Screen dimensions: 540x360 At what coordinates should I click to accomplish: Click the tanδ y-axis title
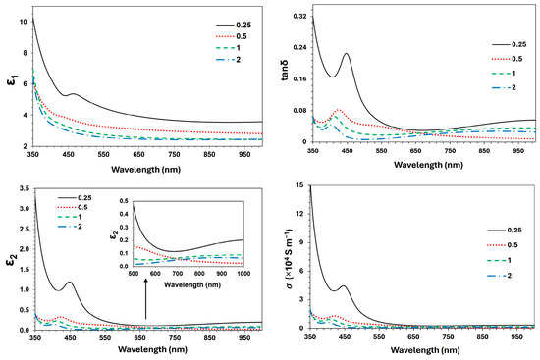285,70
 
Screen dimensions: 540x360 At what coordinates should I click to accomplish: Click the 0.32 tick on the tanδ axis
299,16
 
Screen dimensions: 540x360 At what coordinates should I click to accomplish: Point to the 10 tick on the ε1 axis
24,22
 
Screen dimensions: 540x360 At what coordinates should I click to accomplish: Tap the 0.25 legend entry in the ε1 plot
234,25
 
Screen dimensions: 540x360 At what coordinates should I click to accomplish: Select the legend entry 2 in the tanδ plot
504,87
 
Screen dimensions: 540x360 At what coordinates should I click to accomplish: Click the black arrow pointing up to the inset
145,299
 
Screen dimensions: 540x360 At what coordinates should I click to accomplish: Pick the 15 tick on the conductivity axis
300,185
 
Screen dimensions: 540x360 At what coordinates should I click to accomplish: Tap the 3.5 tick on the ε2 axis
26,188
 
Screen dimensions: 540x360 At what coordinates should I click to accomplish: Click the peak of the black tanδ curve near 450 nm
347,53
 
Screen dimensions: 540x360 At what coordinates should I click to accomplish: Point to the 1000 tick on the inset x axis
243,274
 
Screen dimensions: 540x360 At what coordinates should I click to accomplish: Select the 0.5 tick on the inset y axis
124,201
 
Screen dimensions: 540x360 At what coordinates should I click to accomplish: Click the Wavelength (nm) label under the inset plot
192,284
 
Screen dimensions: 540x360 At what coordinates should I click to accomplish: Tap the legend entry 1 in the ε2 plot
70,217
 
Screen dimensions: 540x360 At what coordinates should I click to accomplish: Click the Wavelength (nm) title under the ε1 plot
145,169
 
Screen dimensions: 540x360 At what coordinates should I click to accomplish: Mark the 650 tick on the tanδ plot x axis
415,150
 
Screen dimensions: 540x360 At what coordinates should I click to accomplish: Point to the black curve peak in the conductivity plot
343,285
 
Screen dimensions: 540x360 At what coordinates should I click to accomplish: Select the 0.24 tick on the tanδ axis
299,47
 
